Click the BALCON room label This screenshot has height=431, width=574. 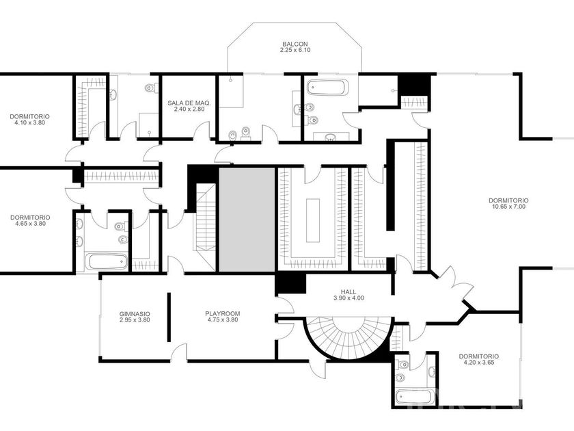(x=295, y=44)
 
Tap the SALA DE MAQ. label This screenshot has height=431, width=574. (x=189, y=103)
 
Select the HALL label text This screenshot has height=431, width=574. (x=348, y=291)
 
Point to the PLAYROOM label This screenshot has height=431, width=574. (x=223, y=313)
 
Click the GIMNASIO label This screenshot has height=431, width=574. (x=135, y=314)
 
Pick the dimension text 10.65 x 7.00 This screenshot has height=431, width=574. (x=508, y=207)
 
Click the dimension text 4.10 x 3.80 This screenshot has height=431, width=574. (x=29, y=122)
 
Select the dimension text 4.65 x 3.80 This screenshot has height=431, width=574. (x=30, y=224)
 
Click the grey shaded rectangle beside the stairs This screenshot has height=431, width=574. (x=247, y=220)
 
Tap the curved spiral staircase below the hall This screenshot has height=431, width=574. (x=348, y=338)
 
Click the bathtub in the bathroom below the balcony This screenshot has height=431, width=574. (x=326, y=88)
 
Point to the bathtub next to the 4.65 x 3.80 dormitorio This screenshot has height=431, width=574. (x=109, y=261)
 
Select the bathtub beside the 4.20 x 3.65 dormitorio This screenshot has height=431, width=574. (x=415, y=397)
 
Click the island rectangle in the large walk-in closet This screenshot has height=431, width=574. (x=313, y=220)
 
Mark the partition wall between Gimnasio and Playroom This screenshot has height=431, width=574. (x=169, y=317)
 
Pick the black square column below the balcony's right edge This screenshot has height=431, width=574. (x=414, y=85)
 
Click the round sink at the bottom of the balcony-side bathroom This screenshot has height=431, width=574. (x=331, y=138)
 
